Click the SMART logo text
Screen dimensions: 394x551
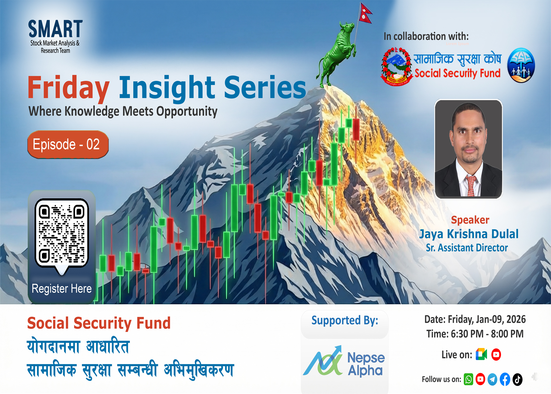point(55,29)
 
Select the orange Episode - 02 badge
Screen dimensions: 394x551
point(68,144)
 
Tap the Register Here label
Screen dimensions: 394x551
point(62,289)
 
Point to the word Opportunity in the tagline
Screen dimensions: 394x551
point(187,112)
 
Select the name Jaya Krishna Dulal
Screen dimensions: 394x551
point(469,234)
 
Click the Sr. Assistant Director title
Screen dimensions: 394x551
point(467,248)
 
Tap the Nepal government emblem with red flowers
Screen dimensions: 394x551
point(396,67)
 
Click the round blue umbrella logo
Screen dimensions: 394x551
point(521,65)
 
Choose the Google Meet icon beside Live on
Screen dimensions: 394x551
point(481,354)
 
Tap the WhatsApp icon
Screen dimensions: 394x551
point(468,380)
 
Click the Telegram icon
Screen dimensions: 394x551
point(492,380)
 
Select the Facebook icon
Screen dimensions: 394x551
point(505,380)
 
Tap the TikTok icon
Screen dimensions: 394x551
point(517,380)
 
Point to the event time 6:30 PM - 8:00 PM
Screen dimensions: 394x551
point(475,334)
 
